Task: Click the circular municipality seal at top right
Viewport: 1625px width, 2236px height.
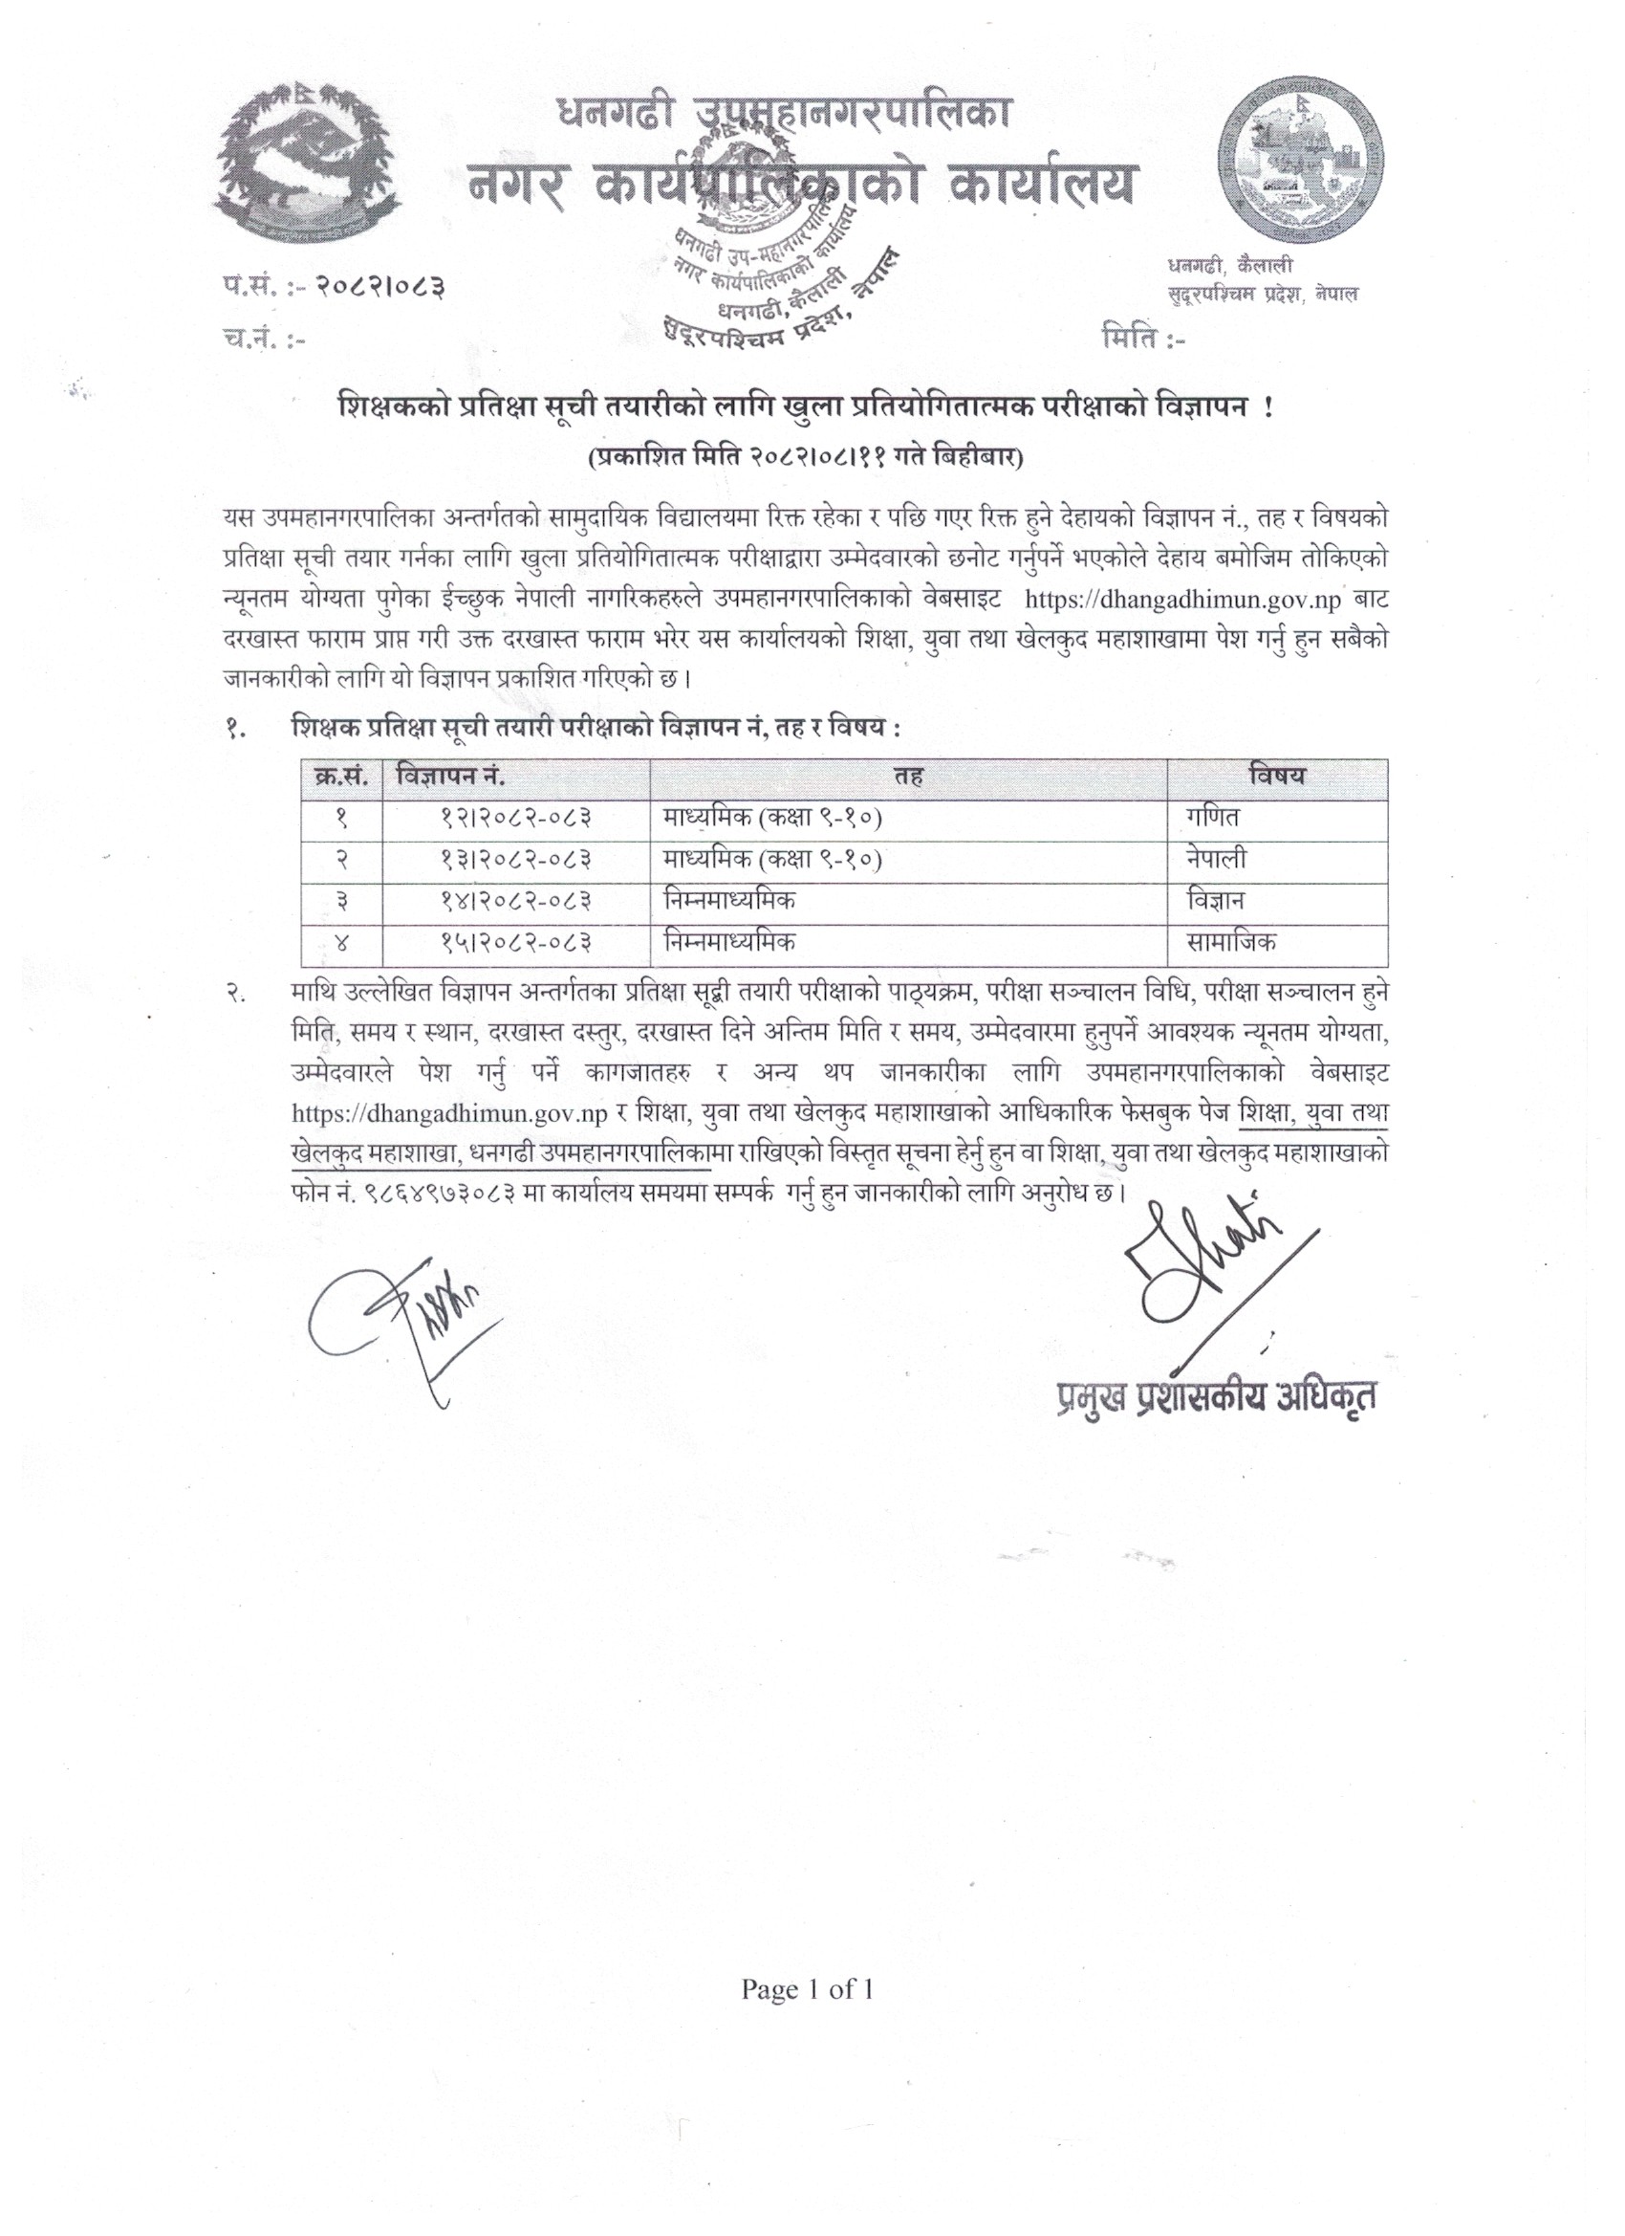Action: [x=1297, y=164]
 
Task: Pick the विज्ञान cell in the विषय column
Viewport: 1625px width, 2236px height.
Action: [x=1220, y=900]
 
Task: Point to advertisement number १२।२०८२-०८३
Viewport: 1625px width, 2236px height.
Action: [x=515, y=818]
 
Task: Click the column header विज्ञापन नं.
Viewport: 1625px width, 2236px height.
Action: [x=451, y=775]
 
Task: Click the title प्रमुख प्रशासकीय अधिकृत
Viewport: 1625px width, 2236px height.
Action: [x=1215, y=1397]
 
